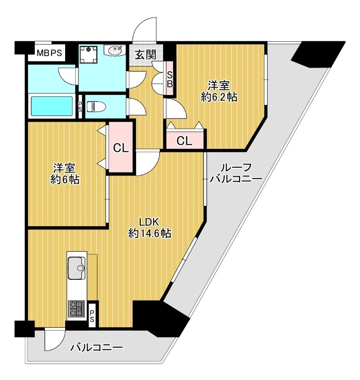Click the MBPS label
point(49,53)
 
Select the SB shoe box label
point(170,79)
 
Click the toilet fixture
point(97,106)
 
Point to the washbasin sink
point(115,50)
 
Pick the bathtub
point(52,106)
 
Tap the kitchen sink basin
point(77,268)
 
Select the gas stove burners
point(77,309)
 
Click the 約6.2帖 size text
point(219,97)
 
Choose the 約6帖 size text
point(65,180)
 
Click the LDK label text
point(149,222)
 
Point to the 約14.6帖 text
point(150,233)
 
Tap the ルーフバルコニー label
point(236,173)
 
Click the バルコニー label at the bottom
point(97,348)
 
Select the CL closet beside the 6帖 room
point(121,148)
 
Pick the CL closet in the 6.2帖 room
point(185,141)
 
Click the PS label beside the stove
point(92,316)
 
